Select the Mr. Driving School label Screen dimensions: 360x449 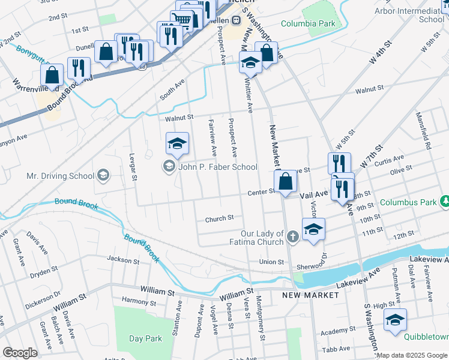pyautogui.click(x=61, y=176)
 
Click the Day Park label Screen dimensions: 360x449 pyautogui.click(x=145, y=338)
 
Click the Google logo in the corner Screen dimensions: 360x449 pyautogui.click(x=20, y=353)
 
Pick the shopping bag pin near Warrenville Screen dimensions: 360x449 pyautogui.click(x=52, y=75)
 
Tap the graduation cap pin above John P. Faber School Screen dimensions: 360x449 pyautogui.click(x=177, y=143)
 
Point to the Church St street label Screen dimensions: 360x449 pyautogui.click(x=219, y=219)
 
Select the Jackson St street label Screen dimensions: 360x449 pyautogui.click(x=123, y=260)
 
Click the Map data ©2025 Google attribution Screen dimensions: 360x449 pyautogui.click(x=412, y=355)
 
